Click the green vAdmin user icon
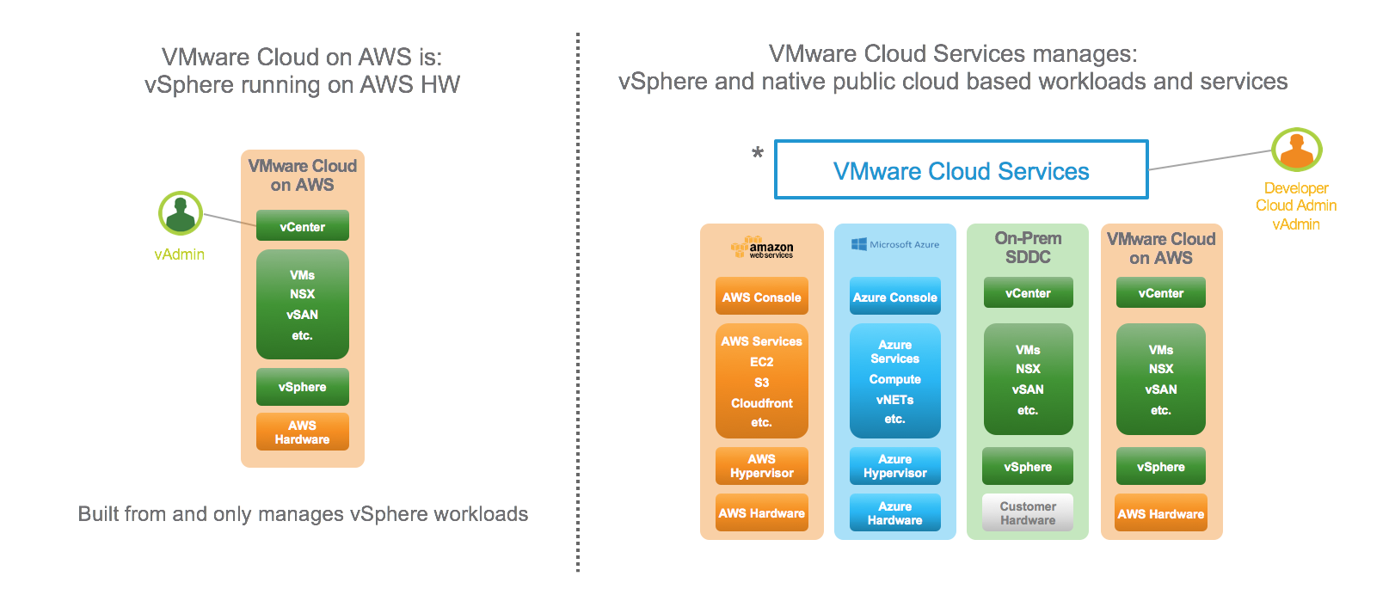coord(181,213)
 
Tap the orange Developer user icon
coord(1297,150)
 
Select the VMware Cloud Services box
coord(961,170)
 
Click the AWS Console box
coord(761,297)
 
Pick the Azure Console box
coord(894,297)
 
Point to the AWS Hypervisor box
coord(761,466)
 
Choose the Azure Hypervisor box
coord(894,466)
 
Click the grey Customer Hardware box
coord(1028,513)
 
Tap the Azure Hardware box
coord(894,513)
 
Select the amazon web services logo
coord(762,248)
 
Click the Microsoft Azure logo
coord(894,244)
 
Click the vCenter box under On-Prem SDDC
coord(1028,293)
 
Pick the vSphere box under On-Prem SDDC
coord(1028,467)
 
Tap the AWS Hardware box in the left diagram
coord(302,432)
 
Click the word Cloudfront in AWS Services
coord(761,403)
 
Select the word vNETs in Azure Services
coord(894,400)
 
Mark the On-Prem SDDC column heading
coord(1028,248)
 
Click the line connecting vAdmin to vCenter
coord(230,220)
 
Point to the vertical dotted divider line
coord(578,301)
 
